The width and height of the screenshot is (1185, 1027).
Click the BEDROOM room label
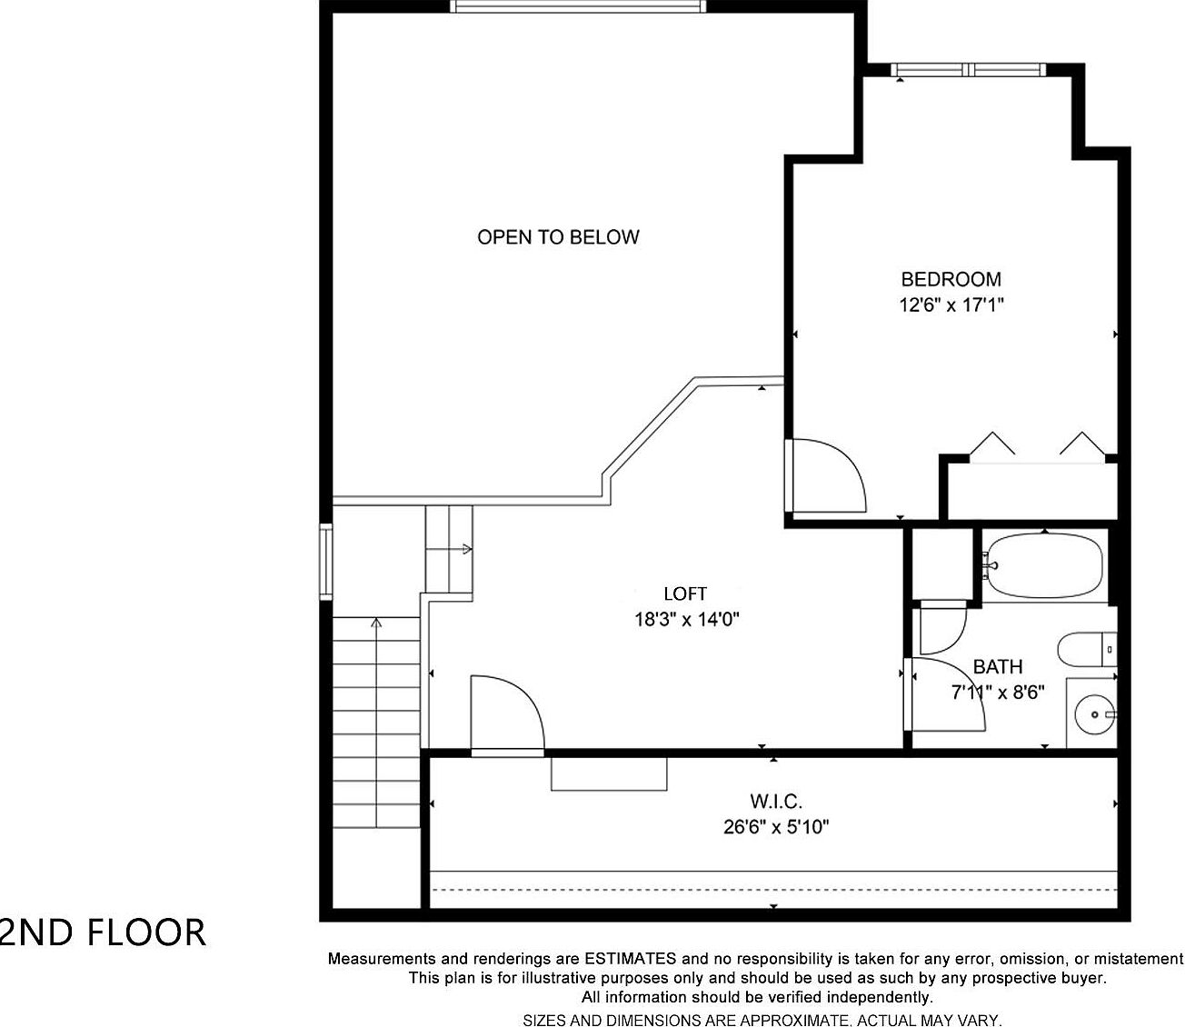tap(951, 279)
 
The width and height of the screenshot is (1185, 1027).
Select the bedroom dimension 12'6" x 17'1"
tap(951, 305)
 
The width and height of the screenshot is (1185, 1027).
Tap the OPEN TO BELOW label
tap(558, 237)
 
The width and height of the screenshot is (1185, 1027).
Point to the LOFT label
tap(685, 593)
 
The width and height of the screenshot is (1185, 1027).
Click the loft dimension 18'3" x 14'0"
tap(687, 620)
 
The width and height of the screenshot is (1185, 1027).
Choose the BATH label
tap(998, 667)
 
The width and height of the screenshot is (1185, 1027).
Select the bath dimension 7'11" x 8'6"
tap(998, 693)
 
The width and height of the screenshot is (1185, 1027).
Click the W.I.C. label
tap(776, 802)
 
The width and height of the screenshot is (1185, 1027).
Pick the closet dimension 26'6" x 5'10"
tap(776, 827)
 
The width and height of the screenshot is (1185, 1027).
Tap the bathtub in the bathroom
tap(1045, 564)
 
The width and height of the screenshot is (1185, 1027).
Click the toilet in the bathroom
tap(1085, 649)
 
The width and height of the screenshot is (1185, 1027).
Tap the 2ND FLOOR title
tap(103, 933)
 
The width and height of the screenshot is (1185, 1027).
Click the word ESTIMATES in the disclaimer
tap(630, 958)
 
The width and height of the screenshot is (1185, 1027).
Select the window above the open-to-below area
tap(578, 6)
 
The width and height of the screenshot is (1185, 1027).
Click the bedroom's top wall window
tap(969, 69)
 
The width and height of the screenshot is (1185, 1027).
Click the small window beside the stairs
tap(325, 562)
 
